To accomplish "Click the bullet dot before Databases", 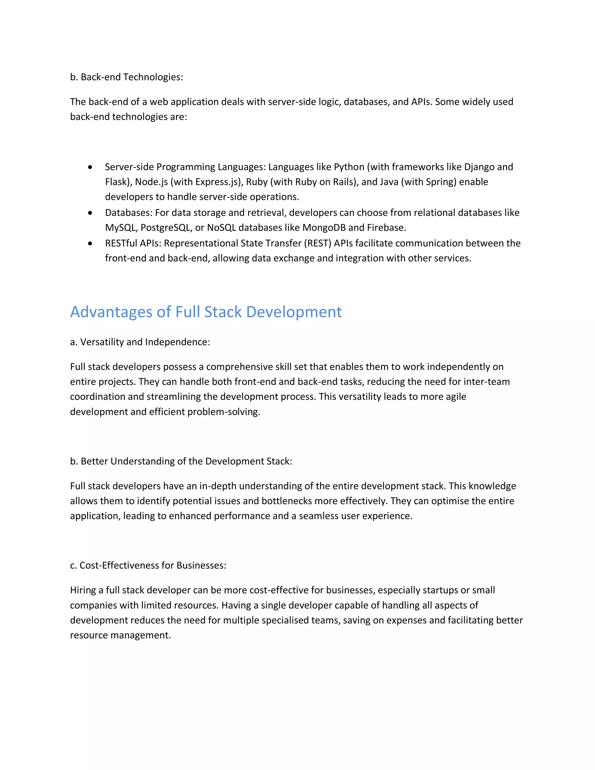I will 90,213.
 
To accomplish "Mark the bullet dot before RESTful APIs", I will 90,243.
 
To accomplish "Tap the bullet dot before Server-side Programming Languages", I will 90,167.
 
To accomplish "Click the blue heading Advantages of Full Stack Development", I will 206,312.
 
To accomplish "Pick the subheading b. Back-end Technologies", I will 127,77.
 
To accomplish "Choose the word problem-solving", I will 223,412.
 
